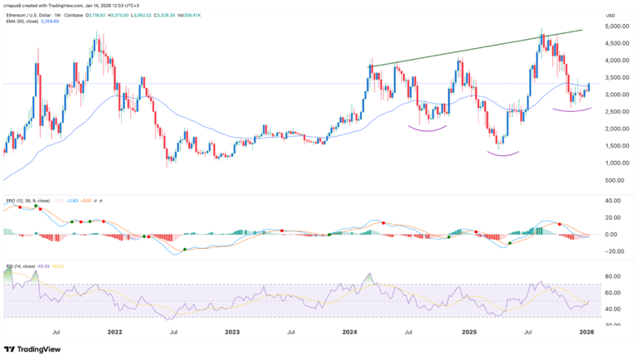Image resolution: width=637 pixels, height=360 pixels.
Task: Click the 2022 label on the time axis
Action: click(x=115, y=331)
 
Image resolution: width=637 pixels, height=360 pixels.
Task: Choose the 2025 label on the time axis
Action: click(x=469, y=331)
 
